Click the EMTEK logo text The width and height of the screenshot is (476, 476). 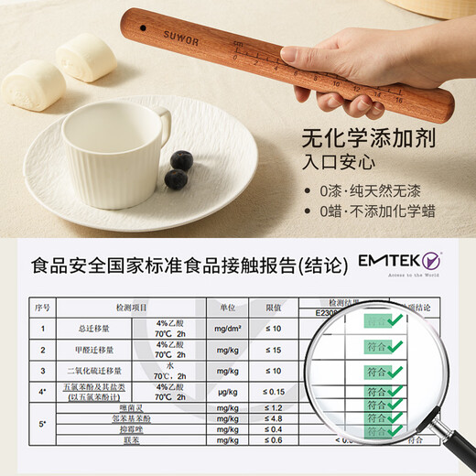click(399, 263)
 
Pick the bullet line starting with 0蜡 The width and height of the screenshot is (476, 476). click(381, 218)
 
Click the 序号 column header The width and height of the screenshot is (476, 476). click(41, 308)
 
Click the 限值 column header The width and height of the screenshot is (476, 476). click(272, 308)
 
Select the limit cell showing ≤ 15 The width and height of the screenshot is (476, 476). click(272, 349)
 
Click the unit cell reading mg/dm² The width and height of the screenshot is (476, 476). click(222, 328)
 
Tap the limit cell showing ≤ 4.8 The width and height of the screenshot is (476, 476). click(272, 418)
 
